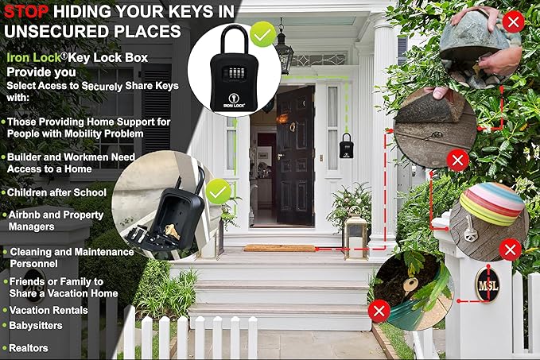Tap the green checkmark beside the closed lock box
tap(262, 34)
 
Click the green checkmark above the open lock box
tap(217, 191)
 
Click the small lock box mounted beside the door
tap(346, 145)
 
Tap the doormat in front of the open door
tap(278, 248)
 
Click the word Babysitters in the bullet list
tap(37, 325)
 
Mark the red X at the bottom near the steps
tap(380, 310)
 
